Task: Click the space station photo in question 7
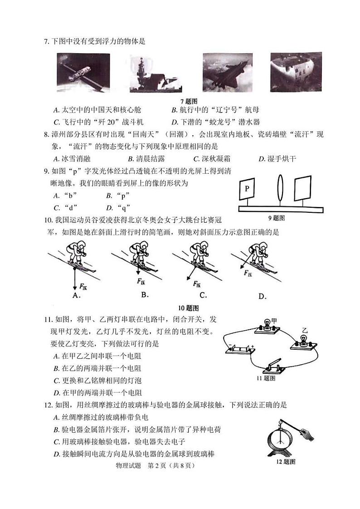tap(83, 73)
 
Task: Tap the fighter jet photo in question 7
tap(227, 72)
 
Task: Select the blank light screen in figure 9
tap(303, 187)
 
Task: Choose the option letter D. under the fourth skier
tap(262, 296)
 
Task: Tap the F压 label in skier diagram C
tap(197, 284)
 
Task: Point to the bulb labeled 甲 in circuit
tap(267, 325)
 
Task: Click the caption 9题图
tap(276, 218)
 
